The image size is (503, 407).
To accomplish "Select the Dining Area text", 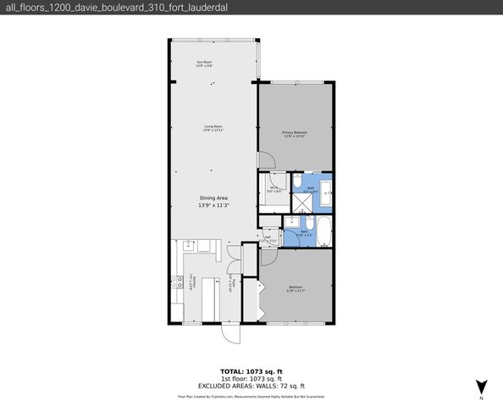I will (x=213, y=197).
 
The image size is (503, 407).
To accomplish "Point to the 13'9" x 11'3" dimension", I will (x=213, y=205).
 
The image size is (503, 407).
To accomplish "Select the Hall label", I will (x=268, y=239).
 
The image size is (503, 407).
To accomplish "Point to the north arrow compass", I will (x=480, y=386).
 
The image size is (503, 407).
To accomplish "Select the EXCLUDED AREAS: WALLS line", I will (x=251, y=386).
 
